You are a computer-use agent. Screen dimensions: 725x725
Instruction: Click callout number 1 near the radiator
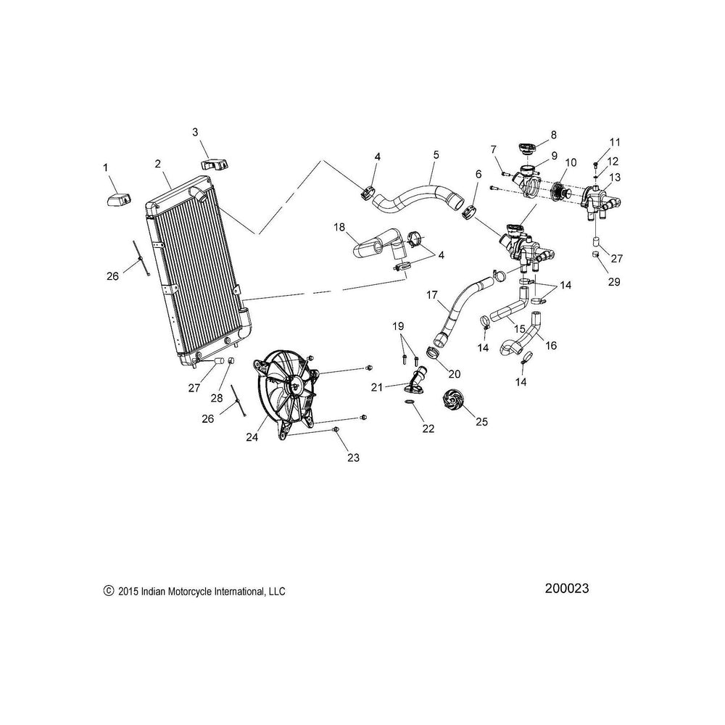(106, 168)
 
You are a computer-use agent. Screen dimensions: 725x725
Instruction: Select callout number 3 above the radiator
(195, 132)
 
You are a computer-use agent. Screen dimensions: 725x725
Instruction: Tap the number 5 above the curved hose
(436, 154)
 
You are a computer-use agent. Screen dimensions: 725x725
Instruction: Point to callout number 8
(553, 135)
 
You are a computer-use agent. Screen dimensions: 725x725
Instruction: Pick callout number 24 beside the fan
(252, 436)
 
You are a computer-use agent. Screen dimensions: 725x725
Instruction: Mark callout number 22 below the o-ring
(428, 428)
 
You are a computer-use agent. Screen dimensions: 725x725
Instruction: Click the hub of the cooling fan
(296, 386)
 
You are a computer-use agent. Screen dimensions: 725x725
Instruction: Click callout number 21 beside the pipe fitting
(376, 388)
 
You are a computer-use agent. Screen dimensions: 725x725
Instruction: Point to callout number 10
(571, 162)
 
